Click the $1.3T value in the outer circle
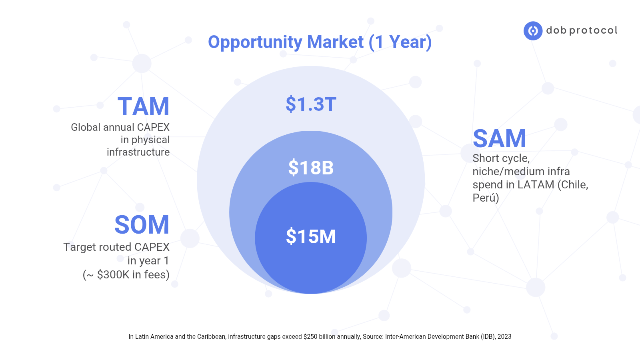click(311, 104)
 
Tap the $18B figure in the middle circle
click(311, 168)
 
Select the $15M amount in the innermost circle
click(311, 236)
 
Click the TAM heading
click(144, 106)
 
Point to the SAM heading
click(500, 138)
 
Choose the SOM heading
click(142, 224)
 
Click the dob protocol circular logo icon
click(533, 30)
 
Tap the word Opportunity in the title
click(255, 42)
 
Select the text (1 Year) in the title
click(400, 42)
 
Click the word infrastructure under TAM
click(138, 152)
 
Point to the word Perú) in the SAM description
click(486, 198)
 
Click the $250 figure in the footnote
click(310, 336)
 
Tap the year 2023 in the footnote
click(504, 336)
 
